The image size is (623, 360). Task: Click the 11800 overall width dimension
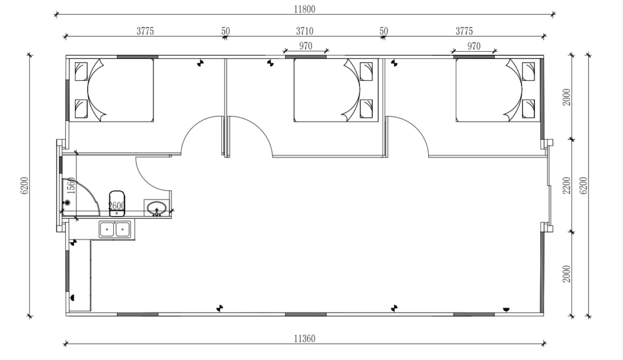point(304,9)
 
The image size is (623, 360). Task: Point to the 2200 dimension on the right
point(566,185)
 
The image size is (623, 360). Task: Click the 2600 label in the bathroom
point(117,206)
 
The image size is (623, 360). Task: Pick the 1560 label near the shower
point(71,186)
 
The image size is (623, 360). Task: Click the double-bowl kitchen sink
point(116,229)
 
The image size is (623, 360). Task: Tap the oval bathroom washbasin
point(157,207)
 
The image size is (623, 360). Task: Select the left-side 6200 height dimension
point(24,185)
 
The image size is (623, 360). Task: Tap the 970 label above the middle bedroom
point(305,46)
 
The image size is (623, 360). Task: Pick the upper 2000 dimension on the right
point(566,97)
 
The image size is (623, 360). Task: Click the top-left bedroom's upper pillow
point(82,72)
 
